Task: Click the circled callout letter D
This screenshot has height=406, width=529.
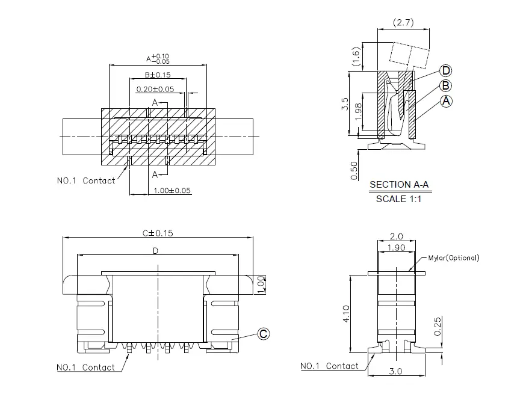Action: pos(446,71)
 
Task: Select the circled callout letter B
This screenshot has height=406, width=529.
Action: pos(446,85)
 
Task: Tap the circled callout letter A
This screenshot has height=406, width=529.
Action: pos(446,101)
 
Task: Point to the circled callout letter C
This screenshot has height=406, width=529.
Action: pos(263,334)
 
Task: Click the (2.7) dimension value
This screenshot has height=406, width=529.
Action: pos(403,23)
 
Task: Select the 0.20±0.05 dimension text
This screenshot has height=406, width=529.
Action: pos(155,89)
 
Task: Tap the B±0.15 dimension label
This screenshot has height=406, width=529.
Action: pos(157,75)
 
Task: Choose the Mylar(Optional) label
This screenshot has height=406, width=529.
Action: pos(454,258)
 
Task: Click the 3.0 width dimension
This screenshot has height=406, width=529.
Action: pos(395,372)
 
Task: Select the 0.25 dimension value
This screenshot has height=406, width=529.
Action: pos(438,325)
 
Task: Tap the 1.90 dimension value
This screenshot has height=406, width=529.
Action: pos(395,248)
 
